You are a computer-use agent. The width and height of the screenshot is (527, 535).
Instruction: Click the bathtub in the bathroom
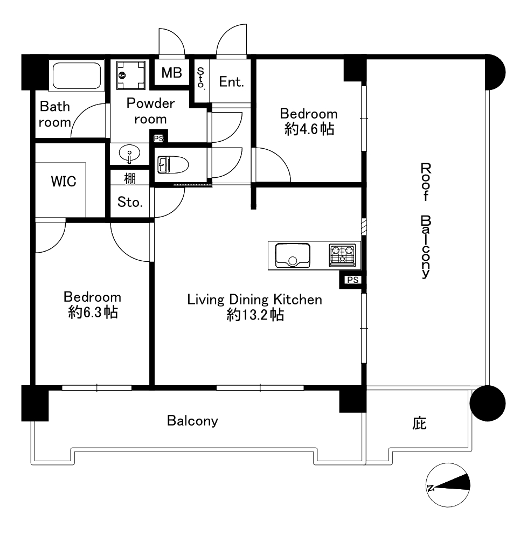pyautogui.click(x=77, y=76)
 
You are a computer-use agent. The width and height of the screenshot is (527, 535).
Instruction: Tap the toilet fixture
pyautogui.click(x=173, y=164)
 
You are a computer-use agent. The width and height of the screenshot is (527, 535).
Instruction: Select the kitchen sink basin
pyautogui.click(x=293, y=255)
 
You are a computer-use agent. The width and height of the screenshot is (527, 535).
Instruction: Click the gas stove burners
pyautogui.click(x=342, y=255)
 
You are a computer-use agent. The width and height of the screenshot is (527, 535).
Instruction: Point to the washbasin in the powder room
pyautogui.click(x=129, y=154)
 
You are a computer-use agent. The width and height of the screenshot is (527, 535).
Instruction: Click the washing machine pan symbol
pyautogui.click(x=131, y=75)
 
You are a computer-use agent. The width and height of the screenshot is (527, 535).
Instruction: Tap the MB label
pyautogui.click(x=172, y=73)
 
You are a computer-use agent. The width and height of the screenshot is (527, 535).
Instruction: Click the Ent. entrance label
pyautogui.click(x=231, y=82)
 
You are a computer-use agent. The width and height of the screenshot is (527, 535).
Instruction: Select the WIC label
pyautogui.click(x=64, y=182)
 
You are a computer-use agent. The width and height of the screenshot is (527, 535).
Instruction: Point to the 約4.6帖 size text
pyautogui.click(x=309, y=129)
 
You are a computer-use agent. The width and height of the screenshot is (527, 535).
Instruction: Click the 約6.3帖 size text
pyautogui.click(x=93, y=312)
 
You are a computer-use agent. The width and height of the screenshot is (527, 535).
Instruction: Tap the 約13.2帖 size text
pyautogui.click(x=255, y=315)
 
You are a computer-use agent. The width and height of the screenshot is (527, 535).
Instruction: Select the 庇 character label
pyautogui.click(x=419, y=423)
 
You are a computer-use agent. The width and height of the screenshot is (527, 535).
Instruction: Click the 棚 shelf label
pyautogui.click(x=130, y=178)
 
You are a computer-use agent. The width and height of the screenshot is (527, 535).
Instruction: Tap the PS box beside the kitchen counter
pyautogui.click(x=352, y=280)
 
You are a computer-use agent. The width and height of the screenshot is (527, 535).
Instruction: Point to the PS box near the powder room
pyautogui.click(x=159, y=138)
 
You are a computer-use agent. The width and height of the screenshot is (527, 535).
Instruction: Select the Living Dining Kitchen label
pyautogui.click(x=255, y=300)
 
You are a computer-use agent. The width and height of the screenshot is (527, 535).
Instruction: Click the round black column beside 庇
pyautogui.click(x=488, y=404)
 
